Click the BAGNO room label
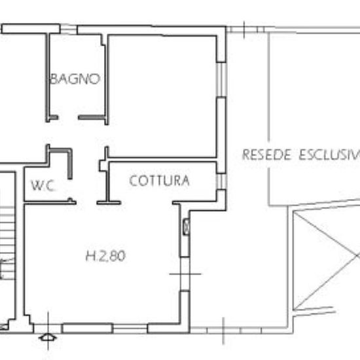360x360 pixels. pos(75,79)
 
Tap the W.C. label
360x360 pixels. pos(44,186)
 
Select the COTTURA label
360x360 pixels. pos(160,181)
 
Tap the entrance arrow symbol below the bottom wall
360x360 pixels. pos(47,337)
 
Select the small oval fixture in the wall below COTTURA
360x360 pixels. pos(186,226)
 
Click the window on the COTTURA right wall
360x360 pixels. pos(222,181)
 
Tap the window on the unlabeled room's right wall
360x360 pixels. pos(222,84)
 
